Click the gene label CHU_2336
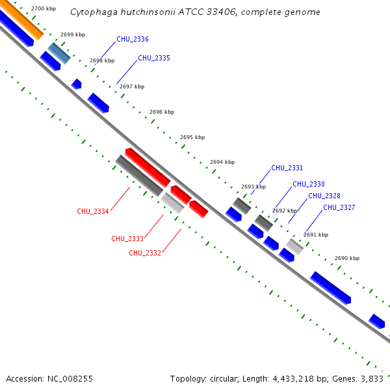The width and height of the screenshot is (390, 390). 133,40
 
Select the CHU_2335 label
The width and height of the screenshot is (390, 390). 154,58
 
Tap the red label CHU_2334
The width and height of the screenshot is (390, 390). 93,211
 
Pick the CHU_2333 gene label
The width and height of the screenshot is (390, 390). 127,239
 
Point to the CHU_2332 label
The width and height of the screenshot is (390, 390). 145,253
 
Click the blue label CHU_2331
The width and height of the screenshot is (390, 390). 287,168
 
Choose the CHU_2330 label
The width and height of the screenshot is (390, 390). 309,185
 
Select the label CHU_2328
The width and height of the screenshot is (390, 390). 324,196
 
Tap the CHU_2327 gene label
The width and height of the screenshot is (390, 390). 339,208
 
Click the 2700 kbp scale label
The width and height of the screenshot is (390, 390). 44,8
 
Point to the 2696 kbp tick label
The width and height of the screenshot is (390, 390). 162,112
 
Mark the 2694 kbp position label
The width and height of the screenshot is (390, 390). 222,162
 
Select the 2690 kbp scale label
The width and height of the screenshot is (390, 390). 347,258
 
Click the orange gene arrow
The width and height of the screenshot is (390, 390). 19,18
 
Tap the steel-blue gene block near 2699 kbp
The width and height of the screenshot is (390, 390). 59,53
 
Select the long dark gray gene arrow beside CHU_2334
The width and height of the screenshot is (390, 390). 139,175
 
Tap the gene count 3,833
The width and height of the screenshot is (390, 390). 372,378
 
